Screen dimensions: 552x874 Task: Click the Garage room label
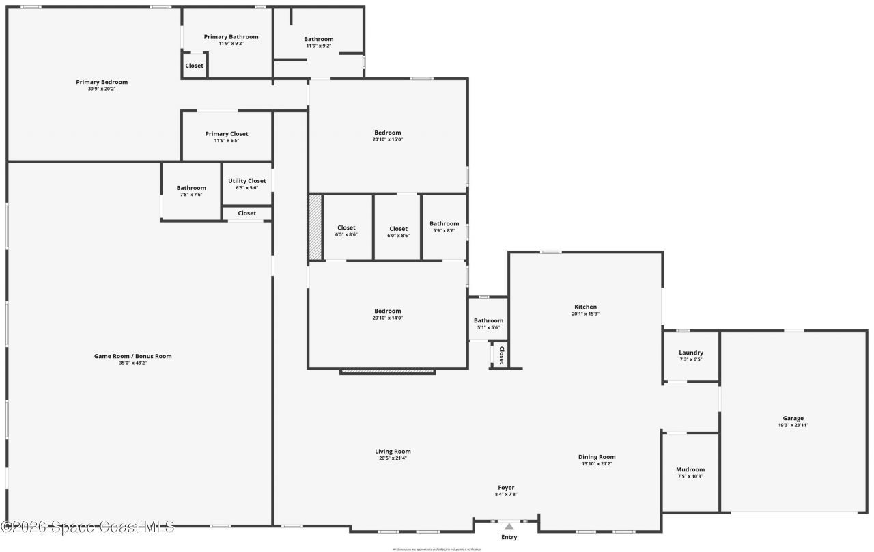pyautogui.click(x=793, y=418)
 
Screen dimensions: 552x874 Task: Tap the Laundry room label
pyautogui.click(x=691, y=353)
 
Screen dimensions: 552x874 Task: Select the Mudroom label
pyautogui.click(x=690, y=469)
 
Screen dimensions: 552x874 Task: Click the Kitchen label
pyautogui.click(x=585, y=307)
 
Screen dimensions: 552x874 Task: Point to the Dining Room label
pyautogui.click(x=597, y=457)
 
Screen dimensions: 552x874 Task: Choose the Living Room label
pyautogui.click(x=393, y=451)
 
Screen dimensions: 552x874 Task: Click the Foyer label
pyautogui.click(x=506, y=488)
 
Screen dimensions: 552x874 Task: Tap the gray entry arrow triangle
pyautogui.click(x=509, y=526)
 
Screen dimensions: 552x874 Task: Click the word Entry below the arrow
pyautogui.click(x=509, y=537)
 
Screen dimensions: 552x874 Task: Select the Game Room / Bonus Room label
pyautogui.click(x=132, y=356)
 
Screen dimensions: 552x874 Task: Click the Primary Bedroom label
pyautogui.click(x=102, y=82)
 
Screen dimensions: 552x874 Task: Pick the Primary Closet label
pyautogui.click(x=227, y=134)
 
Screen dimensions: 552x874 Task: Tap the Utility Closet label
pyautogui.click(x=247, y=181)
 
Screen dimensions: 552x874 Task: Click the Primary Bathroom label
pyautogui.click(x=231, y=36)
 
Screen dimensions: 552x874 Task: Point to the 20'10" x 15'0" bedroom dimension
pyautogui.click(x=387, y=139)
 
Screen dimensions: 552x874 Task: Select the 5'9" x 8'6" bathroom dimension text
pyautogui.click(x=444, y=231)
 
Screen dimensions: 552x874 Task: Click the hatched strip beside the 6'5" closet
pyautogui.click(x=315, y=227)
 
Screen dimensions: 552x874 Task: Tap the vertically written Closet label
pyautogui.click(x=501, y=355)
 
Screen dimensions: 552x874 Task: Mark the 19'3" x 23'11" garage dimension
pyautogui.click(x=793, y=425)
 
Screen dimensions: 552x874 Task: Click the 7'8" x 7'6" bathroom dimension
pyautogui.click(x=191, y=195)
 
